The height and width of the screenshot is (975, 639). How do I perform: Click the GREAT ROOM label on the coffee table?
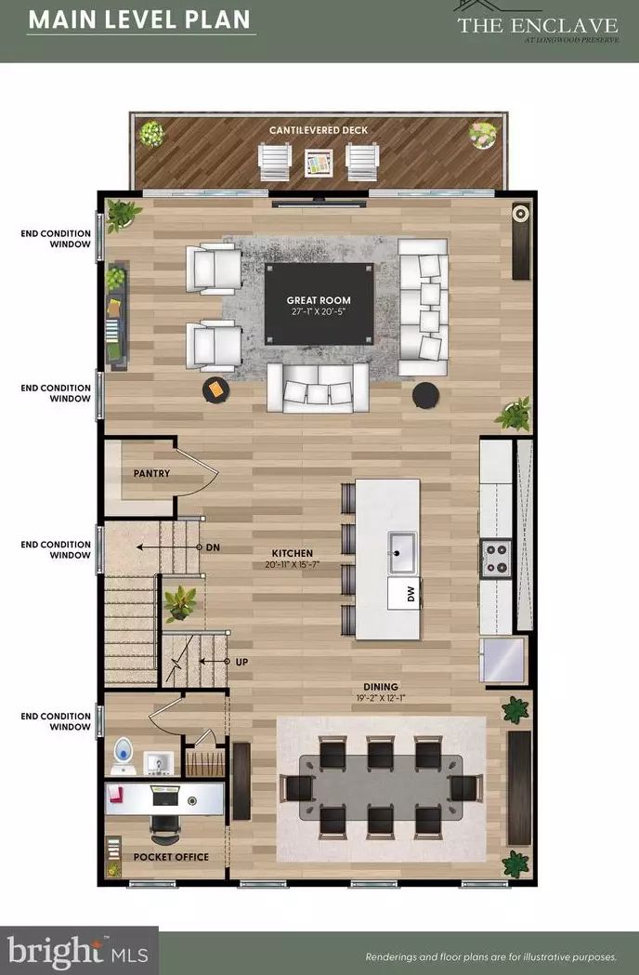(x=319, y=300)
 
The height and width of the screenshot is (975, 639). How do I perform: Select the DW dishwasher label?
(x=411, y=595)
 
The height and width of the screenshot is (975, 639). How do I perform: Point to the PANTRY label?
(x=151, y=474)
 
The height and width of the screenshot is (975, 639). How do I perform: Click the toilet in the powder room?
(x=124, y=755)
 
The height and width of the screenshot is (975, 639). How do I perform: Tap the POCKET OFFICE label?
(x=171, y=857)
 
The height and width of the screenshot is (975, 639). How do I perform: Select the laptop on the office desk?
(x=165, y=794)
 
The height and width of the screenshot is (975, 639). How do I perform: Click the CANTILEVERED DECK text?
(x=319, y=130)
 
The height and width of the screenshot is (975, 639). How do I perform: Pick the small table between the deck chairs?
(x=319, y=163)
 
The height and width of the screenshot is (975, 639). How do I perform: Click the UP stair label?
(x=241, y=662)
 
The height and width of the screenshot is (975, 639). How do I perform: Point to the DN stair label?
(x=214, y=547)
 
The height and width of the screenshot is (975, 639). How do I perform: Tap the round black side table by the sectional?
(x=426, y=395)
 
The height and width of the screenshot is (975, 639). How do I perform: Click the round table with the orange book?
(x=216, y=389)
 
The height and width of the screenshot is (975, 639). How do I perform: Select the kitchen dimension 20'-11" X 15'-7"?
(x=293, y=565)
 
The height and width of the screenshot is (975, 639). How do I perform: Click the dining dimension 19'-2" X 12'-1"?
(x=381, y=698)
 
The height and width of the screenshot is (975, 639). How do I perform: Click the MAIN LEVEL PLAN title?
(x=139, y=20)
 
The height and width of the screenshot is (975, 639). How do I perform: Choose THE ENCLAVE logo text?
(x=538, y=25)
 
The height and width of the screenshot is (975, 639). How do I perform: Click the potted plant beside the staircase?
(x=180, y=602)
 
